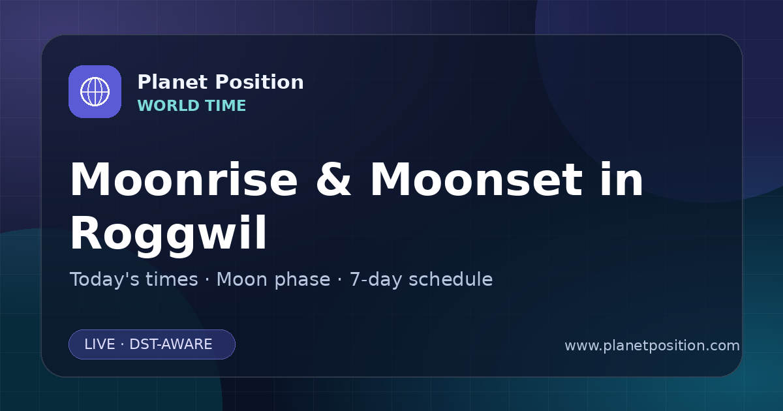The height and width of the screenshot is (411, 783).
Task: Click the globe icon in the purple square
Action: [x=95, y=91]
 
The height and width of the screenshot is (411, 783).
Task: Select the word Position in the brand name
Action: [x=260, y=82]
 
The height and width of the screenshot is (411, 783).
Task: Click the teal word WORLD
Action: [x=168, y=106]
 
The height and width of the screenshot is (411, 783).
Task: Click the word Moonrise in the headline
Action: [x=184, y=179]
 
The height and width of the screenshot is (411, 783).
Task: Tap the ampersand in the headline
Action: [x=333, y=179]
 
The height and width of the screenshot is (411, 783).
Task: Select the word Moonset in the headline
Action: [x=476, y=179]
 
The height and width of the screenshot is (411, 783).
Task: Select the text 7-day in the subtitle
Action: [x=376, y=280]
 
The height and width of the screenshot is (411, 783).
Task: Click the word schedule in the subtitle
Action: [x=451, y=279]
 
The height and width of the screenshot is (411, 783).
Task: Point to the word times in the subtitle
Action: [x=172, y=279]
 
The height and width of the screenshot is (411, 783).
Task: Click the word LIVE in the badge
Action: [x=100, y=344]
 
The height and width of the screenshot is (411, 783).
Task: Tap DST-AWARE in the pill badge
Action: [x=170, y=344]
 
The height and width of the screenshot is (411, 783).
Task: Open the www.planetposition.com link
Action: [x=652, y=346]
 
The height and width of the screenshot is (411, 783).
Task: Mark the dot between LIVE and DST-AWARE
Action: [x=122, y=344]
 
